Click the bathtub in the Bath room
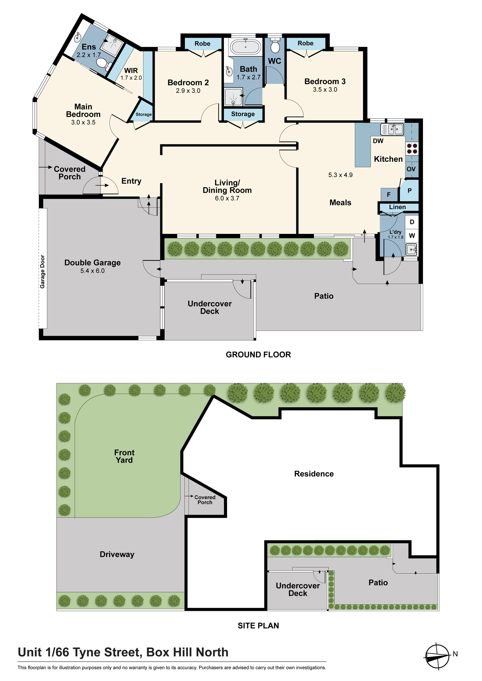coord(245,47)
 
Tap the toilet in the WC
coord(275,45)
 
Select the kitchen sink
coord(392,129)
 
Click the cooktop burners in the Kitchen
coord(412,148)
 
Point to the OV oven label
coord(411,169)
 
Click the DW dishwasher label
coord(378,141)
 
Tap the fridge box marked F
coord(389,195)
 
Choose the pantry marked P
coord(409,191)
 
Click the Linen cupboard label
coord(397,207)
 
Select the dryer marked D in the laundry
coord(412,222)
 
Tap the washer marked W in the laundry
coord(412,236)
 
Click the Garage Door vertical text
coord(43,272)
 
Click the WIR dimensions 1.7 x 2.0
coord(131,78)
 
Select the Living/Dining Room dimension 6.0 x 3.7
coord(227,199)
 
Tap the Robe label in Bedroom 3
coord(305,43)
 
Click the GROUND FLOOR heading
coord(258,355)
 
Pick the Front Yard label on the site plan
coord(124,456)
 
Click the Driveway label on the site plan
coord(117,554)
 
